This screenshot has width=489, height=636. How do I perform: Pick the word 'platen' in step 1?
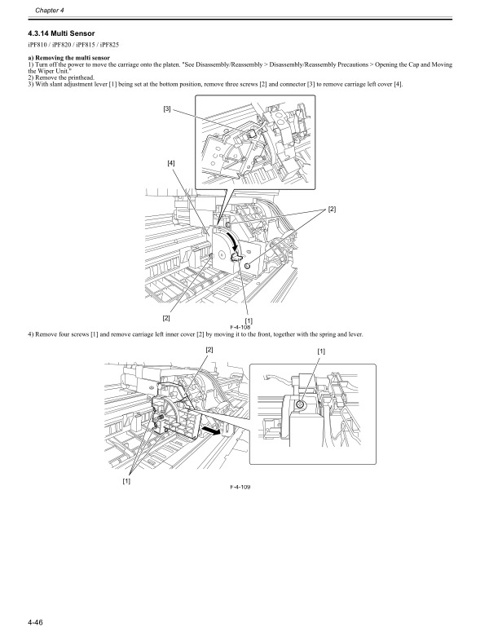185,64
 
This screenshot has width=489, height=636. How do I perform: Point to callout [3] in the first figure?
166,108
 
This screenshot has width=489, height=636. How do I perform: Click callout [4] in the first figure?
171,162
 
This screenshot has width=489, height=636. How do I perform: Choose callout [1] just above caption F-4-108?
248,320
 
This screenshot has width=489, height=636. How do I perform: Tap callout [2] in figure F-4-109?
209,349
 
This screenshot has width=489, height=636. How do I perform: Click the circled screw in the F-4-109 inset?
302,404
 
